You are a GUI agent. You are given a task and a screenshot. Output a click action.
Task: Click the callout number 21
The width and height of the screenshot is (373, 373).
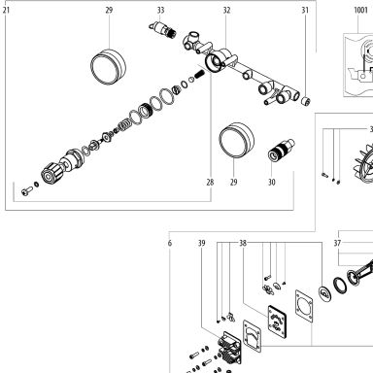pyautogui.click(x=6, y=10)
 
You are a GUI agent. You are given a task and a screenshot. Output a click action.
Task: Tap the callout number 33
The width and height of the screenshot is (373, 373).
pyautogui.click(x=161, y=10)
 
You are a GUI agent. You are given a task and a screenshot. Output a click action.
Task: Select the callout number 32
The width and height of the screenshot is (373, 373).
pyautogui.click(x=226, y=10)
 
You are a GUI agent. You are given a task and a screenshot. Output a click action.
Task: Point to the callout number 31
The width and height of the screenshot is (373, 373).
pyautogui.click(x=305, y=10)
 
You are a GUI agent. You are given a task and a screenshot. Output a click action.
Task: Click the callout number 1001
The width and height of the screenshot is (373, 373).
pyautogui.click(x=360, y=10)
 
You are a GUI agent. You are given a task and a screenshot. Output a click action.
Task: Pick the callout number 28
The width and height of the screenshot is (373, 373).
pyautogui.click(x=210, y=183)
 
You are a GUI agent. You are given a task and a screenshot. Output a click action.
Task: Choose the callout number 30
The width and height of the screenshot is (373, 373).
pyautogui.click(x=272, y=183)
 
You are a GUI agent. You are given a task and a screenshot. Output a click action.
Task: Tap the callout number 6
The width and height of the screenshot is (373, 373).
pyautogui.click(x=170, y=243)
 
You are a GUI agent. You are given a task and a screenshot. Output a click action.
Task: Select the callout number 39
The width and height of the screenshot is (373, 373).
pyautogui.click(x=202, y=243)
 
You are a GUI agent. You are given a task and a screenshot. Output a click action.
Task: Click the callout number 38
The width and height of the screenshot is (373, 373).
pyautogui.click(x=243, y=243)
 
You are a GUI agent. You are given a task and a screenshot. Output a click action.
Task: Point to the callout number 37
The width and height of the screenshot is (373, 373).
pyautogui.click(x=337, y=243)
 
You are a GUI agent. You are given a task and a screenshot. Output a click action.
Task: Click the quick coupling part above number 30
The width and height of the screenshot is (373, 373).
pyautogui.click(x=281, y=150)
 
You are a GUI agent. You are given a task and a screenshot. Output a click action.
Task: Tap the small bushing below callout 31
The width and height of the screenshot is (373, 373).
pyautogui.click(x=306, y=101)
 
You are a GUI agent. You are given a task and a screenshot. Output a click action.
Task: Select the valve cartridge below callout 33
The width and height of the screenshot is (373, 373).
pyautogui.click(x=163, y=29)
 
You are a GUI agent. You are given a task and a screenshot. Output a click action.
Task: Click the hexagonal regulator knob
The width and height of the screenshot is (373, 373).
pyautogui.click(x=51, y=174)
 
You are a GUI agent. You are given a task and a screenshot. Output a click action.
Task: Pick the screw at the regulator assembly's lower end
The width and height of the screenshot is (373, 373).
pyautogui.click(x=27, y=191)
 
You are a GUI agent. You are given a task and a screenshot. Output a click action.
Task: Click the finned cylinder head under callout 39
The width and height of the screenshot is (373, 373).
pyautogui.click(x=229, y=349)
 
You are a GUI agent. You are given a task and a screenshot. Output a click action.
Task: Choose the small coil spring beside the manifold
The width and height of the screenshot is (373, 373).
pyautogui.click(x=200, y=75)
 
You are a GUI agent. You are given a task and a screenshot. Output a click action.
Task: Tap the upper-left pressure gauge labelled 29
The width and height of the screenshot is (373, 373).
pyautogui.click(x=108, y=67)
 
